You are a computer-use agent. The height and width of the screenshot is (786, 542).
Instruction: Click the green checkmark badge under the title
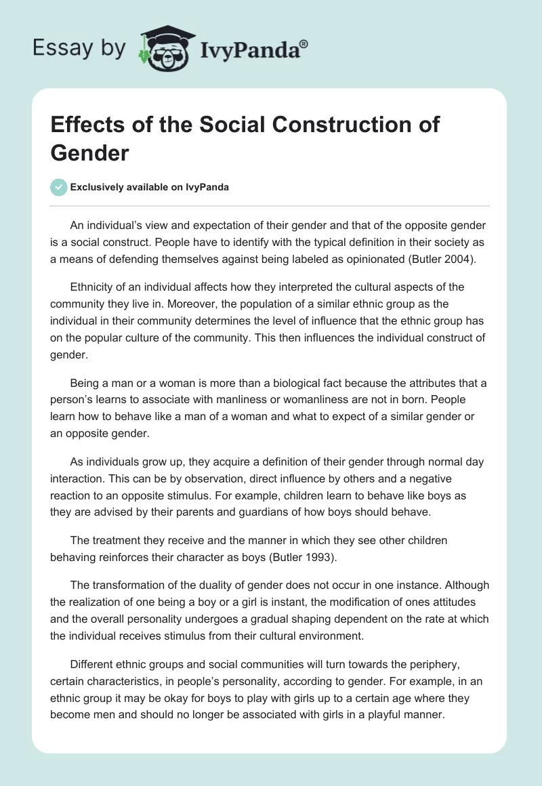59,187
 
